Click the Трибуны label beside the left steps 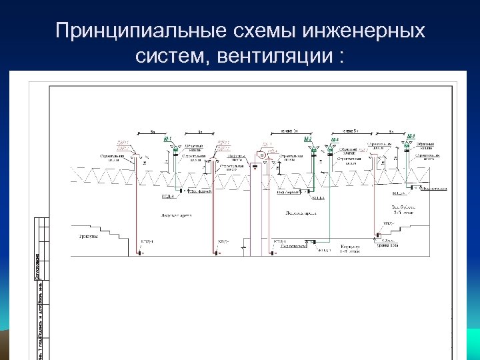[x=85, y=236]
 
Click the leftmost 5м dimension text [x=153, y=131]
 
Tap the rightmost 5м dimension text [x=392, y=131]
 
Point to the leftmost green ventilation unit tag [x=169, y=139]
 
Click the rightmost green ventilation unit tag [x=411, y=137]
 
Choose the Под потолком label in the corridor [x=293, y=245]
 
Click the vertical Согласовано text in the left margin [x=37, y=267]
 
